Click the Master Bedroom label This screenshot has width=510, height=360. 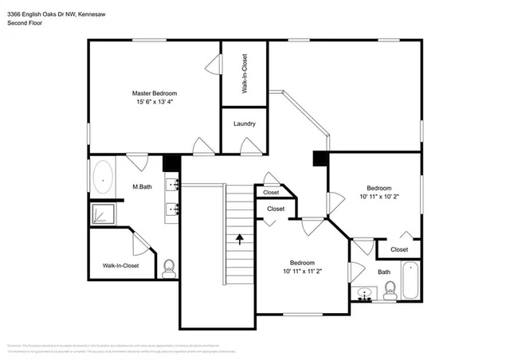pos(154,93)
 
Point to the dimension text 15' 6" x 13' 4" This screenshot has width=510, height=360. pos(154,102)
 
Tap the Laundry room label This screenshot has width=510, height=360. pos(244,123)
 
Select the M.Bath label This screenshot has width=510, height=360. pos(143,187)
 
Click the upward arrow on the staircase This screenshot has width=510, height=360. pos(240,237)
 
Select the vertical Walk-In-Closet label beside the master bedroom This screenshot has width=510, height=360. pos(245,73)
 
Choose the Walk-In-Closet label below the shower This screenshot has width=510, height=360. pos(120,265)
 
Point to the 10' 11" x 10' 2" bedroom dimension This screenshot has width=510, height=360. pos(379,196)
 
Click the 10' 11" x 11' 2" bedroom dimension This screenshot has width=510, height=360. pos(302,271)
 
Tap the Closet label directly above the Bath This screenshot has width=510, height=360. pos(398,249)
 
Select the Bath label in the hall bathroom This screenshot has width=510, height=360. pos(384,272)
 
